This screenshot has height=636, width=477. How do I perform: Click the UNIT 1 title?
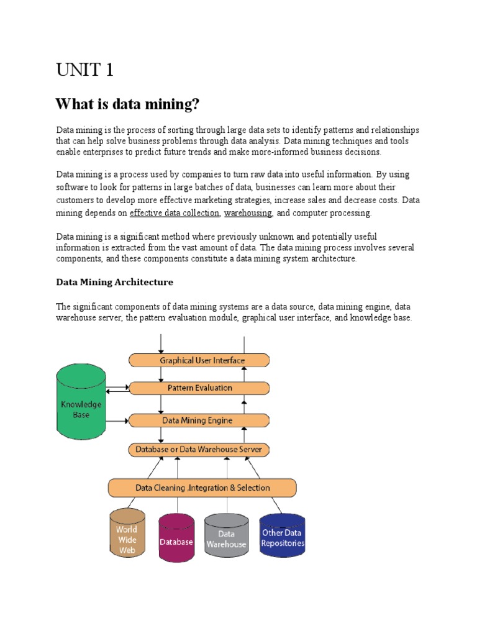[x=84, y=70]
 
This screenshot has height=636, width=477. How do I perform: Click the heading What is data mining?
[x=127, y=104]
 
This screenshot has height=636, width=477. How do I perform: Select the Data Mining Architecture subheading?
[x=115, y=282]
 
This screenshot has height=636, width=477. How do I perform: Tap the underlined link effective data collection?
[x=174, y=213]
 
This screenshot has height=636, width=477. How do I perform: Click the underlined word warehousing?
[x=248, y=213]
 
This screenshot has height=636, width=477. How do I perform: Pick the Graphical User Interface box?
[x=199, y=360]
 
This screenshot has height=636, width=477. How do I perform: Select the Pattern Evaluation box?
[x=199, y=388]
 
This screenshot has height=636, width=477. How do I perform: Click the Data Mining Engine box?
[x=199, y=420]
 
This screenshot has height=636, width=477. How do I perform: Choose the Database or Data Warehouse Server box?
[x=199, y=449]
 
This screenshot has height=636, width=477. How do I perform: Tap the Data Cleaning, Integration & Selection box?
[x=202, y=488]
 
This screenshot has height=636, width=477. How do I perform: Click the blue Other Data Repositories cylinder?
[x=283, y=537]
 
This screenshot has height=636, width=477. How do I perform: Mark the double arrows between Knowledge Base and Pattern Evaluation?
[x=117, y=389]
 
